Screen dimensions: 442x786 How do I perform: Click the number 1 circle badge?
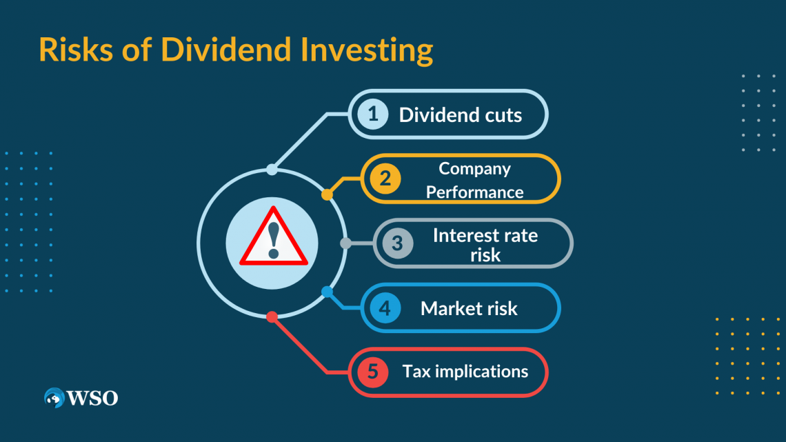(373, 114)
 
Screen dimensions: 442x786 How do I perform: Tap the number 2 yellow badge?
(385, 179)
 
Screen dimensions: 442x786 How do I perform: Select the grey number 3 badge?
(397, 243)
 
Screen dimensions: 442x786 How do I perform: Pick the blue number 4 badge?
(385, 308)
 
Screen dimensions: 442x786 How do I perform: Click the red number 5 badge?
(372, 372)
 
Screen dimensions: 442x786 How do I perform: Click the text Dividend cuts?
(460, 114)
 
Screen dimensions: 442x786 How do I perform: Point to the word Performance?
(474, 192)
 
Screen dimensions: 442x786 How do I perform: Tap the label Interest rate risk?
(485, 244)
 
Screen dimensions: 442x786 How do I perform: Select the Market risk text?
(469, 308)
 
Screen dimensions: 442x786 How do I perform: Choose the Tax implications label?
(465, 372)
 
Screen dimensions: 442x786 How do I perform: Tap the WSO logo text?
(92, 398)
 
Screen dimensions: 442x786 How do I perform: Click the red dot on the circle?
(272, 317)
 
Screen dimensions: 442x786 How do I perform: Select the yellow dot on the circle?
(327, 195)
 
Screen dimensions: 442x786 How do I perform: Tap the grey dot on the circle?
(346, 243)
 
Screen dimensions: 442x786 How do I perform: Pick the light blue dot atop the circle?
(272, 170)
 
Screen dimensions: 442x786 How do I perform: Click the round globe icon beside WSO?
(54, 398)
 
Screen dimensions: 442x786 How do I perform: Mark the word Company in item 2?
(474, 168)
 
